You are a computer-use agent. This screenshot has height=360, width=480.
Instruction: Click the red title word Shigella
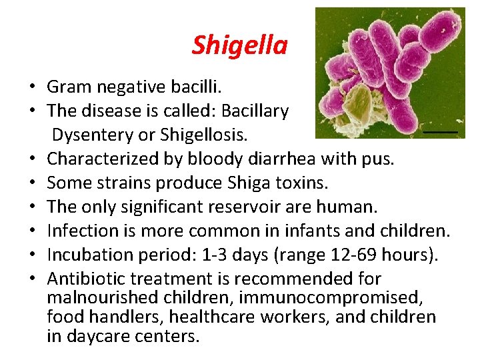(x=239, y=45)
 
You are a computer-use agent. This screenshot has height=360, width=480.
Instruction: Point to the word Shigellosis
(x=203, y=135)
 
